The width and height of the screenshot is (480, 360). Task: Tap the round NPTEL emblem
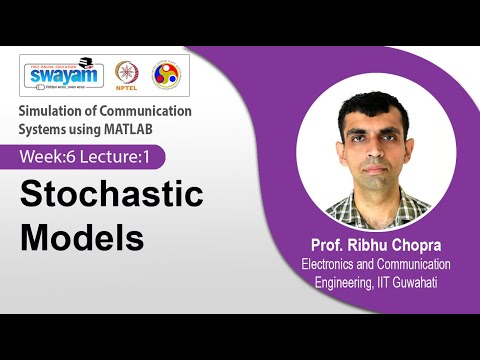point(128,75)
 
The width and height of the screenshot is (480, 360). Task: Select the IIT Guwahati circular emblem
point(166,75)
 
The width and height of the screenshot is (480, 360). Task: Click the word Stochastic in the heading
point(112,194)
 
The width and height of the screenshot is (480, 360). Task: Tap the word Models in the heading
point(83,238)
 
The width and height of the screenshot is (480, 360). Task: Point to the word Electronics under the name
point(334,265)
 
